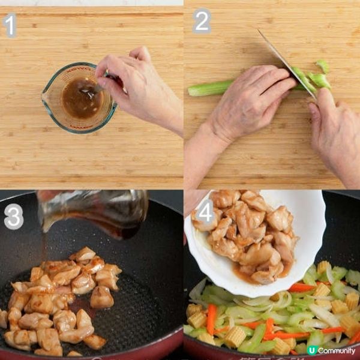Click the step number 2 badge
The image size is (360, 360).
coord(202,22)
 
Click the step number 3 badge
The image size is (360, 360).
coord(13,217)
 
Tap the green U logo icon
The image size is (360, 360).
coord(311,350)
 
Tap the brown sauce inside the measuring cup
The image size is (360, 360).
coord(81,99)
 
